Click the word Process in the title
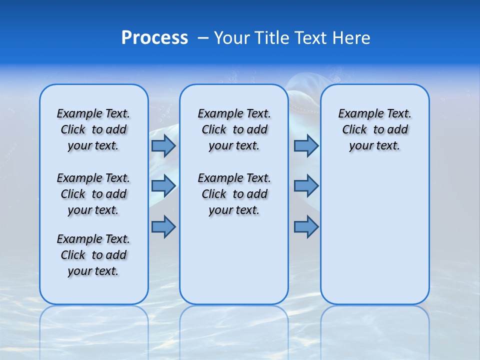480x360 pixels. point(154,38)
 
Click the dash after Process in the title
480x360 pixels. point(203,38)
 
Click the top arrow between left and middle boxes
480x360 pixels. point(163,146)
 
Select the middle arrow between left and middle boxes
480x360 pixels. point(163,185)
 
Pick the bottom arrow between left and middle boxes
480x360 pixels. point(163,226)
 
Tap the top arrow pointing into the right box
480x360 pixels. point(306,146)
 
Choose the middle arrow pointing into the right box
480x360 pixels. point(306,185)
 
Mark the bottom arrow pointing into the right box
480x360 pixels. point(306,226)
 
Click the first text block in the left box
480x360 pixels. point(93,129)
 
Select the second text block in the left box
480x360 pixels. point(93,194)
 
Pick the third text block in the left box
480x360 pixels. point(93,255)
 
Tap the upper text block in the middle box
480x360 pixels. point(234,129)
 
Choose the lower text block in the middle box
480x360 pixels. point(234,194)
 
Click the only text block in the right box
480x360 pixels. point(374,129)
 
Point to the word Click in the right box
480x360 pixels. point(354,130)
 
